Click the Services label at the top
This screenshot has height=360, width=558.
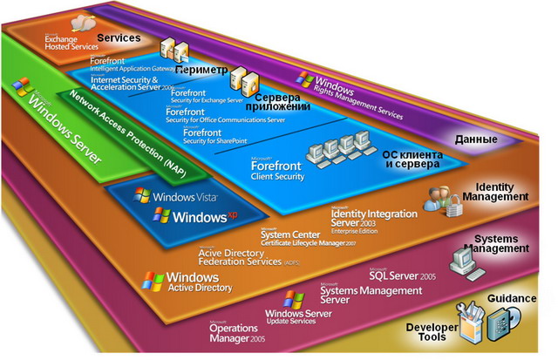(119, 39)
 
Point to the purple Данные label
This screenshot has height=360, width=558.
(477, 139)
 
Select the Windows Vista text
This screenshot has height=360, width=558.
(186, 198)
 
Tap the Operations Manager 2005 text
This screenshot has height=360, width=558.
(241, 334)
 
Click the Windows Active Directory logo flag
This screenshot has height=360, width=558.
(153, 281)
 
